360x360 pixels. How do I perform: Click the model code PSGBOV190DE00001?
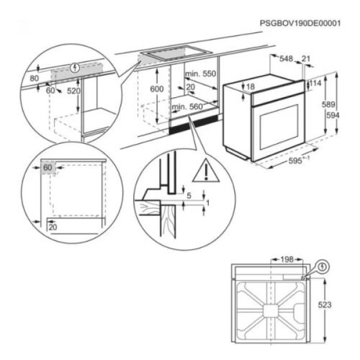click(300, 23)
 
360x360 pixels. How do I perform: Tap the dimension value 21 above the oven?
click(307, 59)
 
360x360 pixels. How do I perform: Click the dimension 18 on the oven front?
click(251, 87)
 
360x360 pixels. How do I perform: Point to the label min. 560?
click(187, 107)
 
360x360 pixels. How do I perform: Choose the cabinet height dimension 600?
click(156, 88)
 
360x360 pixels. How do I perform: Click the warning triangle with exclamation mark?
click(205, 172)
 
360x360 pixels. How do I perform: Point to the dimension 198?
click(287, 259)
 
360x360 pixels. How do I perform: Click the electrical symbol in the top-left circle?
click(74, 67)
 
